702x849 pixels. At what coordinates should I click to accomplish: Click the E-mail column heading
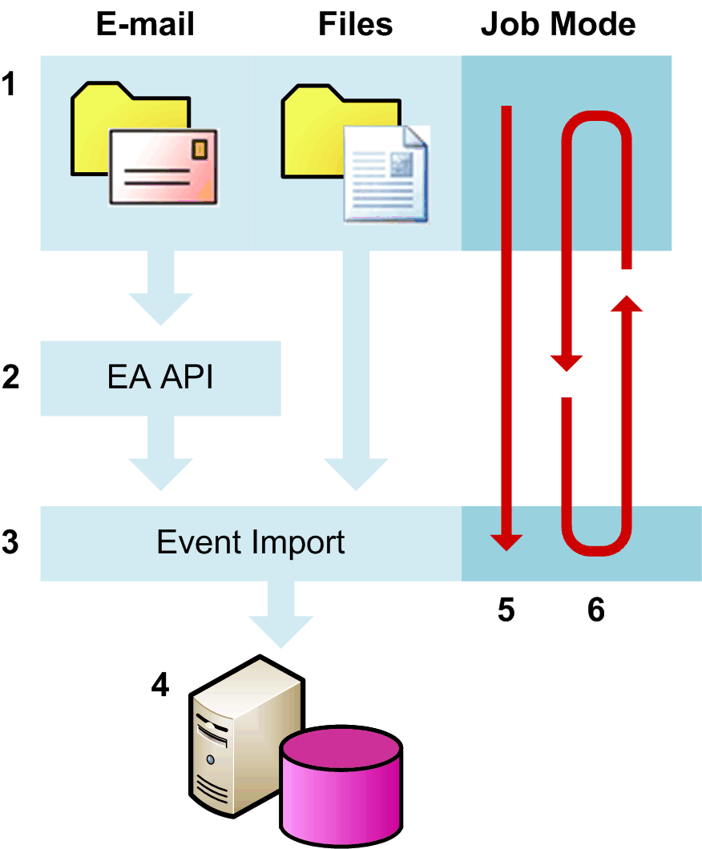coord(145,25)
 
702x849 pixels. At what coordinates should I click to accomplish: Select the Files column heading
coord(356,25)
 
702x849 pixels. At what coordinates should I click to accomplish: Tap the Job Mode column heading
coord(558,25)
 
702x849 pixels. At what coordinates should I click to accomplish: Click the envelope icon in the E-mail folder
coord(164,167)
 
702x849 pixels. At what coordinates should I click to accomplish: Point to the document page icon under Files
coord(386,173)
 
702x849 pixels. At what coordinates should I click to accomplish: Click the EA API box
coord(160,378)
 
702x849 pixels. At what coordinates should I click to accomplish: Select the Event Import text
coord(251,543)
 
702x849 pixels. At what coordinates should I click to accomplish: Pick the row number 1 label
coord(9,83)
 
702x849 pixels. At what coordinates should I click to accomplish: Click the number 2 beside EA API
coord(10,378)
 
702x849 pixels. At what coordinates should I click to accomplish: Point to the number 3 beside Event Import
coord(10,543)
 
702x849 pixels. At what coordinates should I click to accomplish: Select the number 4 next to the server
coord(161,685)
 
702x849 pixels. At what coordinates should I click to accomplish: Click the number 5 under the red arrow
coord(506,611)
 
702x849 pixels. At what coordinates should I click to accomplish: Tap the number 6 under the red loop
coord(596,611)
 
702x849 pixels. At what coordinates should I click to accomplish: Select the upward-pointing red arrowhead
coord(627,304)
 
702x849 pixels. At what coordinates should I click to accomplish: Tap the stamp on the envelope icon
coord(200,148)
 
